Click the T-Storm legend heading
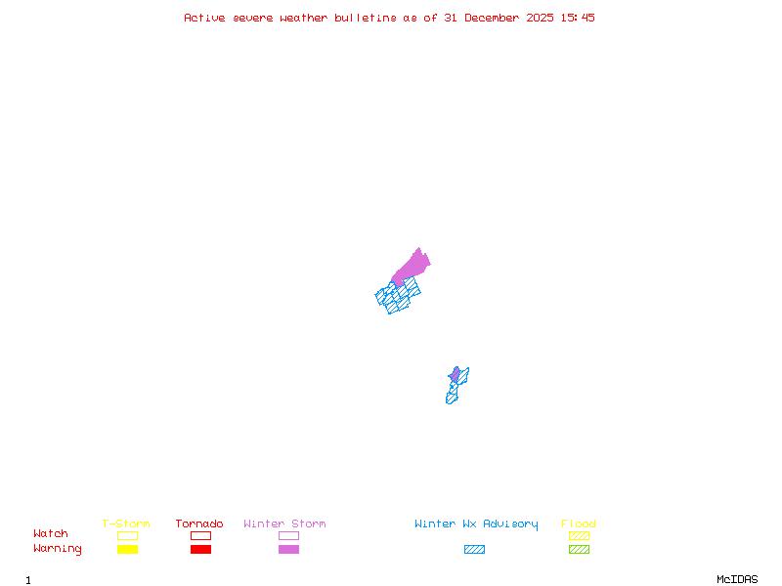point(126,524)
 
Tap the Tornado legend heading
point(199,524)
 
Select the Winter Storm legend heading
point(284,524)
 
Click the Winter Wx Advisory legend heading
point(476,524)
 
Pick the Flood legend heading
point(579,524)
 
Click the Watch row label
point(51,534)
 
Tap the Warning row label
point(58,549)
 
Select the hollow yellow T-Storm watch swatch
point(127,535)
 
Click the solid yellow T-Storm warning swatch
point(127,550)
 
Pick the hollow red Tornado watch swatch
point(200,535)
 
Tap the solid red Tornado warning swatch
point(200,550)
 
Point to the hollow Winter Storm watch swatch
point(288,535)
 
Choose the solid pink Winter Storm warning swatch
point(288,550)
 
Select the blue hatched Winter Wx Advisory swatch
point(474,550)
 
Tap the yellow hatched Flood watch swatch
point(579,535)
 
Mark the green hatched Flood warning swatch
point(579,550)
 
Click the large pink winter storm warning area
point(413,266)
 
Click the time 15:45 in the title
point(577,18)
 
